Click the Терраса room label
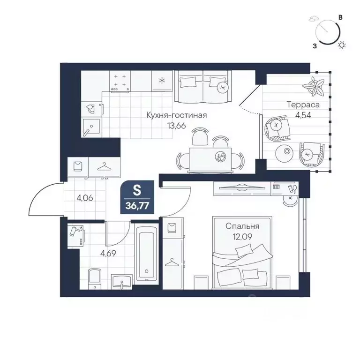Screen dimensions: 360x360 303,105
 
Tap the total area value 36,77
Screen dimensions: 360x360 137,206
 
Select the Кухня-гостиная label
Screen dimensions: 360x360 177,115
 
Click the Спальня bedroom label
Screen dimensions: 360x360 242,226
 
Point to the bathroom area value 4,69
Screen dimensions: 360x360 108,253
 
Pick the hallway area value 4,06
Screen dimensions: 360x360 85,198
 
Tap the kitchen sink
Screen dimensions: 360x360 91,127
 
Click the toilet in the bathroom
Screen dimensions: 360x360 95,278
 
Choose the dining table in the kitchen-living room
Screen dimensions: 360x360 210,160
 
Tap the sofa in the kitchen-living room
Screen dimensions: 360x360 203,87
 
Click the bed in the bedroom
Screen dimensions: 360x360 242,252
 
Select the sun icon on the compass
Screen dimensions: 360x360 342,45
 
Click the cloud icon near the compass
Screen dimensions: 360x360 312,19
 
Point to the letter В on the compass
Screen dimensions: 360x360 341,17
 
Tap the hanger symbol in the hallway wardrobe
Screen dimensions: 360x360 104,167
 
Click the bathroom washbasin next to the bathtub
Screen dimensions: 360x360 122,281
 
